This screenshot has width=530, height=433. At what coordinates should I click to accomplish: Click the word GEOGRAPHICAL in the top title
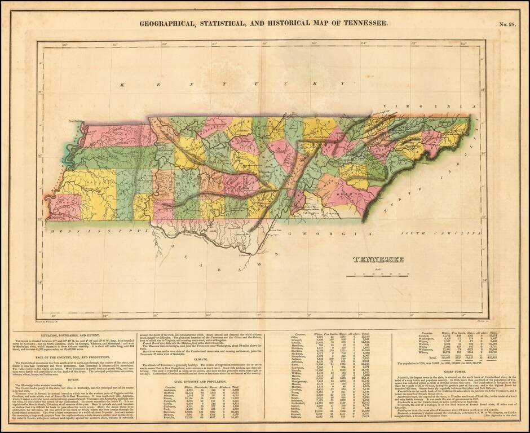(x=172, y=24)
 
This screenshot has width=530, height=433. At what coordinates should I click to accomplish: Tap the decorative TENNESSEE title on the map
(x=378, y=259)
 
